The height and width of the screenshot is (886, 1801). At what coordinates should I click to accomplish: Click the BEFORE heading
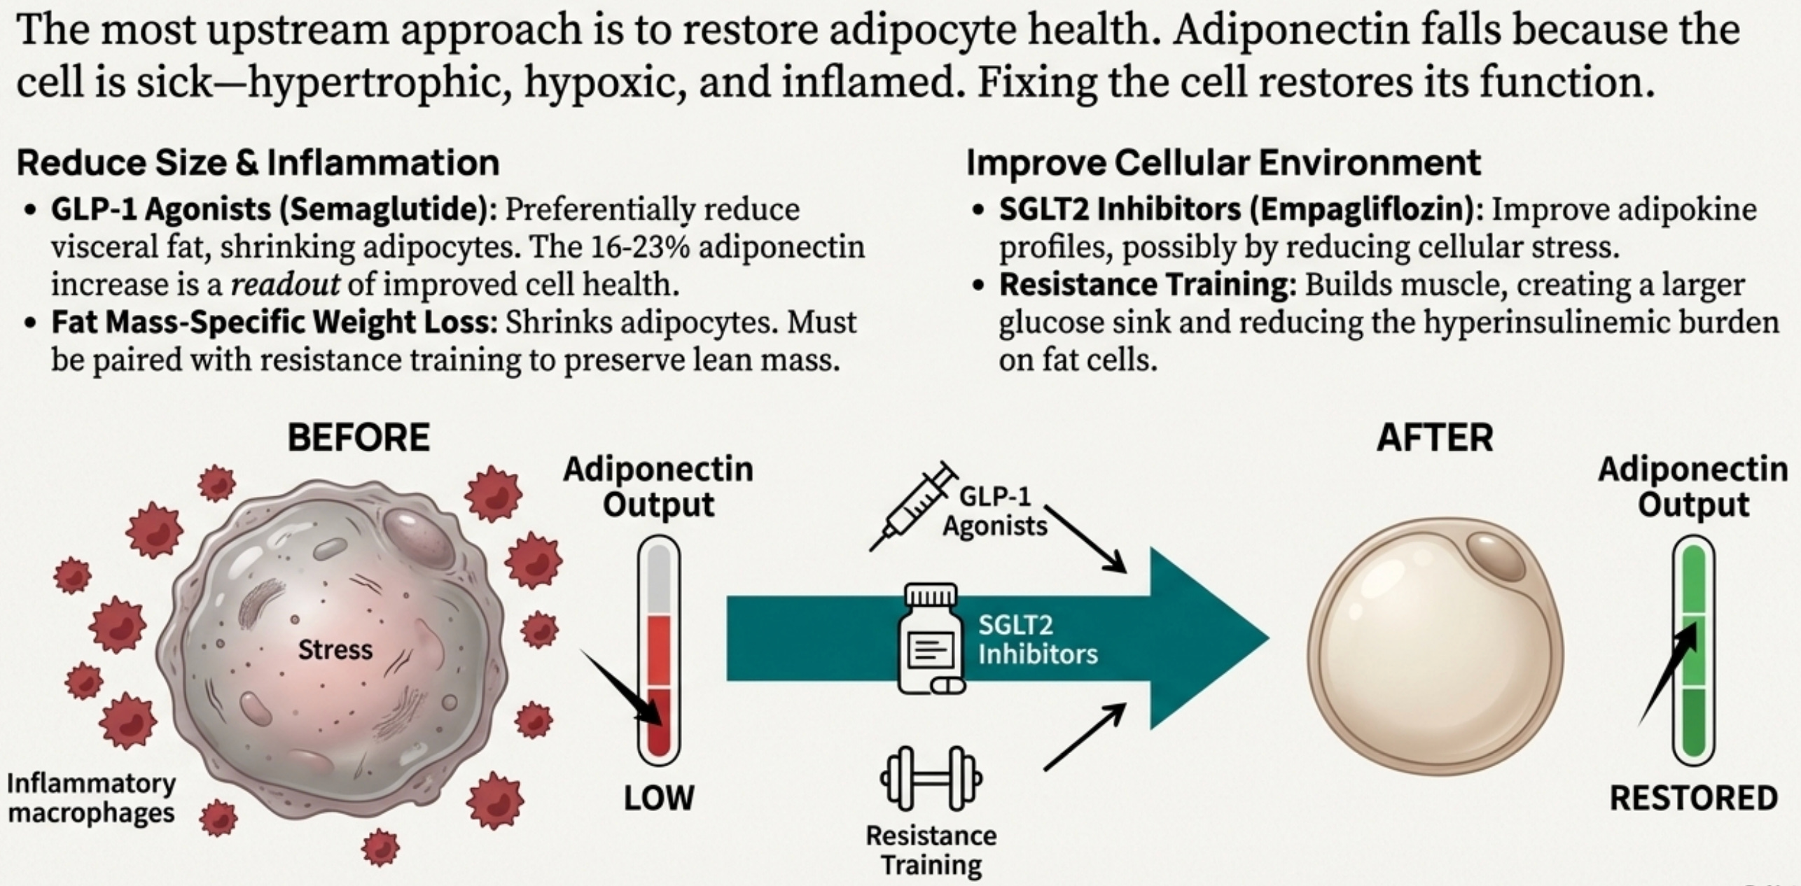359,438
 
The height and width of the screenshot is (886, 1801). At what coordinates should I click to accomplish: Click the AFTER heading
1435,438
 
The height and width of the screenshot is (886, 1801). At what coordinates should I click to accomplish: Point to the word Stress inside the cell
335,650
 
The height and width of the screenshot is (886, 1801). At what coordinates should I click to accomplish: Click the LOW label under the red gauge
658,798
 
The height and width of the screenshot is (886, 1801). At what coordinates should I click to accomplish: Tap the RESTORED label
1693,798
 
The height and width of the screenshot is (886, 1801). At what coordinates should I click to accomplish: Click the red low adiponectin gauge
659,651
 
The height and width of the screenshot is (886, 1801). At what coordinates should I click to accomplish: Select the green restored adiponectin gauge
1693,651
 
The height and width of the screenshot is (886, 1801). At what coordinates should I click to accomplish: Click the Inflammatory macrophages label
91,798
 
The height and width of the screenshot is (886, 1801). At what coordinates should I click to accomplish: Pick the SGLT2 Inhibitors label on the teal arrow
1037,640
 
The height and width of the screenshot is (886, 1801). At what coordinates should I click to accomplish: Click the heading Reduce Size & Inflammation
258,163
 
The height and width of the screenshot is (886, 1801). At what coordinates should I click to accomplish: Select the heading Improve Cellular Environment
1223,163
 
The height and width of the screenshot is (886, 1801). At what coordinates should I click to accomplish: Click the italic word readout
286,285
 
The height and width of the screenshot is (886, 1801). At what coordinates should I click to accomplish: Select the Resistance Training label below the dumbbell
931,850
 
